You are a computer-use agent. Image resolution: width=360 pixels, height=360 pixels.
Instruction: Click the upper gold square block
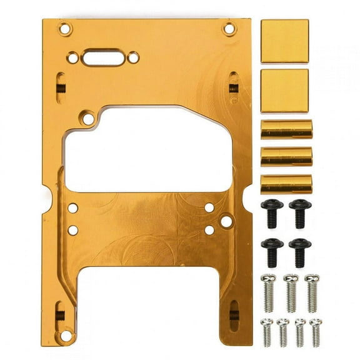pos(284,41)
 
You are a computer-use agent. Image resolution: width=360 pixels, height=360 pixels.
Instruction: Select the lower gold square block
pos(284,91)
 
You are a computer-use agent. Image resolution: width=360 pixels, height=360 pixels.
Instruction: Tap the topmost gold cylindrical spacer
pos(286,129)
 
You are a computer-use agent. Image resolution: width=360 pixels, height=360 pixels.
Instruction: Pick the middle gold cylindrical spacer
pos(286,156)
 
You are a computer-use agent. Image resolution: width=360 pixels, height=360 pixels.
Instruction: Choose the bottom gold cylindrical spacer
pos(286,184)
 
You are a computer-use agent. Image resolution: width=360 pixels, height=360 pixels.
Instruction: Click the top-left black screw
pos(272,213)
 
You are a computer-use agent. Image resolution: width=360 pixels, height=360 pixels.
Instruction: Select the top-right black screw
pos(300,213)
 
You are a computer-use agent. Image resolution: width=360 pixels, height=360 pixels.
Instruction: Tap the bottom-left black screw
pos(272,251)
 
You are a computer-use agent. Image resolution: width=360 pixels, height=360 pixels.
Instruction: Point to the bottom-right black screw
pos(300,251)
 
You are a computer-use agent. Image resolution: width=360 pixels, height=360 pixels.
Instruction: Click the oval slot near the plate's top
pos(103,57)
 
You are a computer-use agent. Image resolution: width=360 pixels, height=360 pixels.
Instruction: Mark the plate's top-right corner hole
pos(229,28)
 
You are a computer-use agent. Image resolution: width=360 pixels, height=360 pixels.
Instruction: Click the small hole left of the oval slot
pos(73,57)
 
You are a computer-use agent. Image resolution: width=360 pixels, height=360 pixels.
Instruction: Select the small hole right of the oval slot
pos(133,57)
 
